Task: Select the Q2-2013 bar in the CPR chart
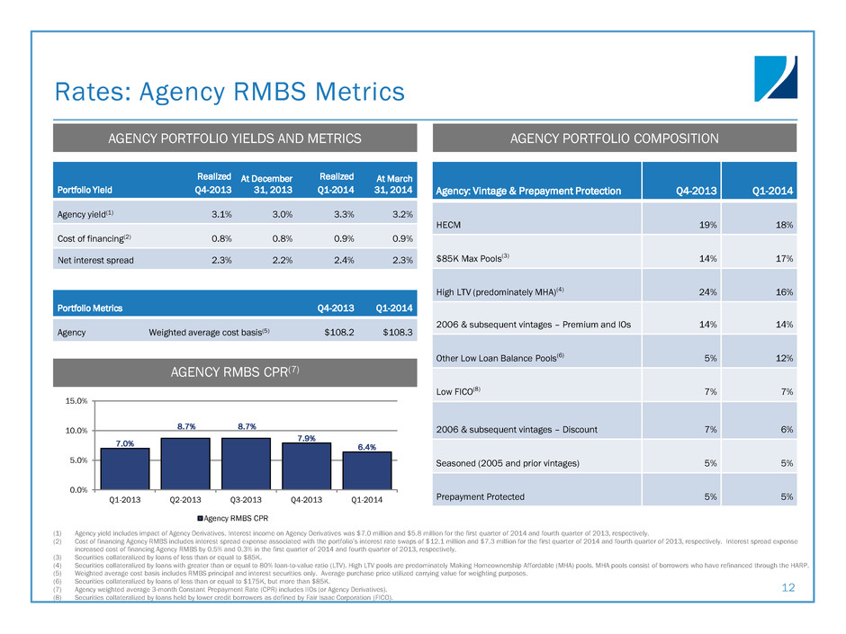click(x=185, y=463)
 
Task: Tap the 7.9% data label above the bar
click(x=307, y=437)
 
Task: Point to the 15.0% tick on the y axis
click(x=75, y=401)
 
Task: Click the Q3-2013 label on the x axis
click(x=246, y=500)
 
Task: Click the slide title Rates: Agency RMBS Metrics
click(x=229, y=91)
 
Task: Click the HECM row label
click(x=450, y=224)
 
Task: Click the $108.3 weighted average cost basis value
click(x=393, y=332)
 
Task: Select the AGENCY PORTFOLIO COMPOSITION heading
click(x=615, y=138)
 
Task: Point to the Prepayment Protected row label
click(x=480, y=496)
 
